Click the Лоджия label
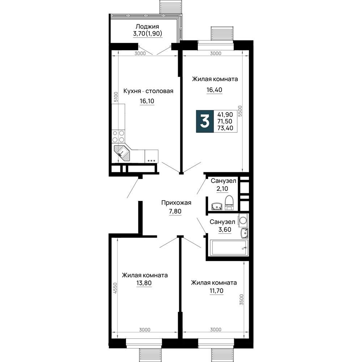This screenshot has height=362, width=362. pos(147,26)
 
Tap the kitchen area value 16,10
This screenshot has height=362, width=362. pos(147,101)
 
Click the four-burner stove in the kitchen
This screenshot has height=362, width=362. pos(118,136)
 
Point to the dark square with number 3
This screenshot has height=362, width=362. pos(205,121)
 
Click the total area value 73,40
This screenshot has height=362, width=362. pos(225,128)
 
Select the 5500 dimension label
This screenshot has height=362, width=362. pos(240,111)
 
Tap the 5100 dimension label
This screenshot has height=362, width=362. pos(116,97)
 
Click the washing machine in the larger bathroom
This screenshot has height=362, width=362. pos(243,219)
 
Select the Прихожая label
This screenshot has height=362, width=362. pos(176,203)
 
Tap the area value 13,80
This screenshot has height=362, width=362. pos(144,283)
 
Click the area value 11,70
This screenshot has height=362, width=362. pos(216,291)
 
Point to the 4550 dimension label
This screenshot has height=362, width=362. pos(115,288)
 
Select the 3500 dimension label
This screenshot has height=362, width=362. pos(241,300)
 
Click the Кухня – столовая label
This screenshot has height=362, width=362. pos(148,91)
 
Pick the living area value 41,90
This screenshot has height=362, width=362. pos(225,114)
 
